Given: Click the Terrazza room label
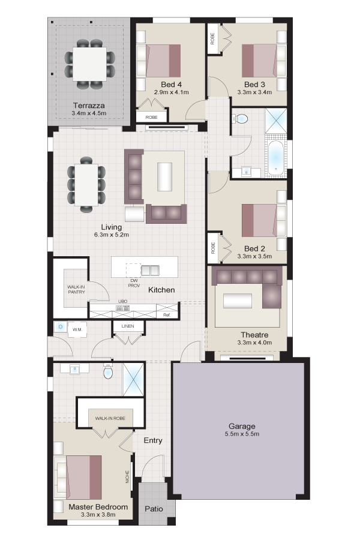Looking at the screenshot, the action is pos(89,106).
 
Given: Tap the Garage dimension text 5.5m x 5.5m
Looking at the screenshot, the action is pos(242,434).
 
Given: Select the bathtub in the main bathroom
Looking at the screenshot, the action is pos(275,158).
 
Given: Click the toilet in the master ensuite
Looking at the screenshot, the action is pos(108,371).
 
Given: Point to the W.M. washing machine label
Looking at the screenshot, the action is pos(77,329).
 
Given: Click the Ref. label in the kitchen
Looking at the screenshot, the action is pos(167,315).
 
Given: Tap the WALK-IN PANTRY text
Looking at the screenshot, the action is pos(76,289).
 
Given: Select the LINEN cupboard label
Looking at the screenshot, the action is pos(127,326).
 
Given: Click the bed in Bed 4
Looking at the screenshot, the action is pos(159,61).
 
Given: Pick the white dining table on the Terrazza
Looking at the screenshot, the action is pos(89,64).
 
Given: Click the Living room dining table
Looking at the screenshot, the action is pos(86,184).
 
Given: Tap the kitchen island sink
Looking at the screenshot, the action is pos(150,271).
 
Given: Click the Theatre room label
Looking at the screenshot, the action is pos(254,335).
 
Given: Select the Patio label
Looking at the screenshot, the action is pos(154,509).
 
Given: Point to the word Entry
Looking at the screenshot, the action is pos(152,440).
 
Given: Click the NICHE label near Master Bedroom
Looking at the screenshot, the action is pos(127,476).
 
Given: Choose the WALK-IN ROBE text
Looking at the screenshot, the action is pos(110,418).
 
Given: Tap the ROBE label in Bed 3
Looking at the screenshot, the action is pos(212,38).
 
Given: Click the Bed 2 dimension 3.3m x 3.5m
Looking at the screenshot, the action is pos(254,256).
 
